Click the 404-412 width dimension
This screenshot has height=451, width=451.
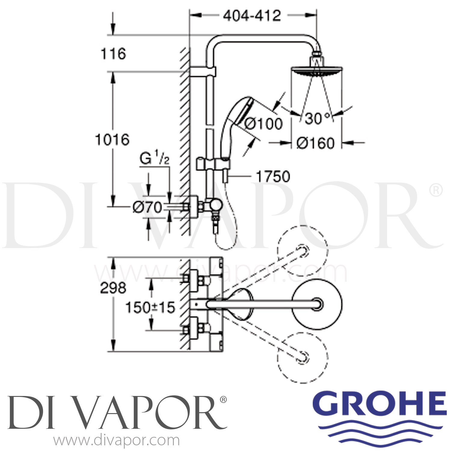252,16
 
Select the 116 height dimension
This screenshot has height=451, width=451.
113,54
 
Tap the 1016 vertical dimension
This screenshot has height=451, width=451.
112,140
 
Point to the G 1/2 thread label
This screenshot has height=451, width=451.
155,159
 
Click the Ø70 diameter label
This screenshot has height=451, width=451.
147,207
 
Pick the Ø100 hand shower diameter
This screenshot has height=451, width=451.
263,124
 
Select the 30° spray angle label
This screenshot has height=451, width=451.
318,119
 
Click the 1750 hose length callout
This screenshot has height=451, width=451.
273,176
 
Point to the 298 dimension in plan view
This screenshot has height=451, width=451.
113,288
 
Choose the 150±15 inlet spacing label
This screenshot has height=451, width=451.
150,308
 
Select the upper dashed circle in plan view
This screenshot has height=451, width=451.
302,251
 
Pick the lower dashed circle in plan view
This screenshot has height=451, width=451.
302,357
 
